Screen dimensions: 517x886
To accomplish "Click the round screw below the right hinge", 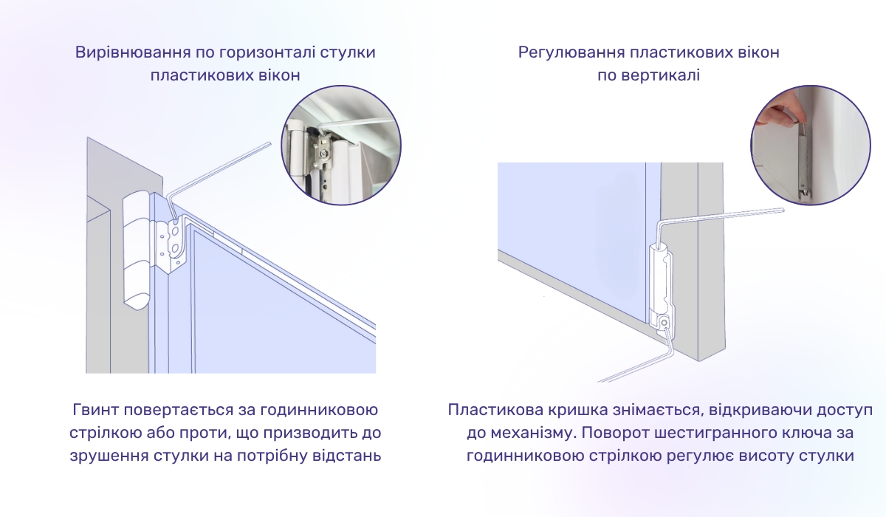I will [x=664, y=322].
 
